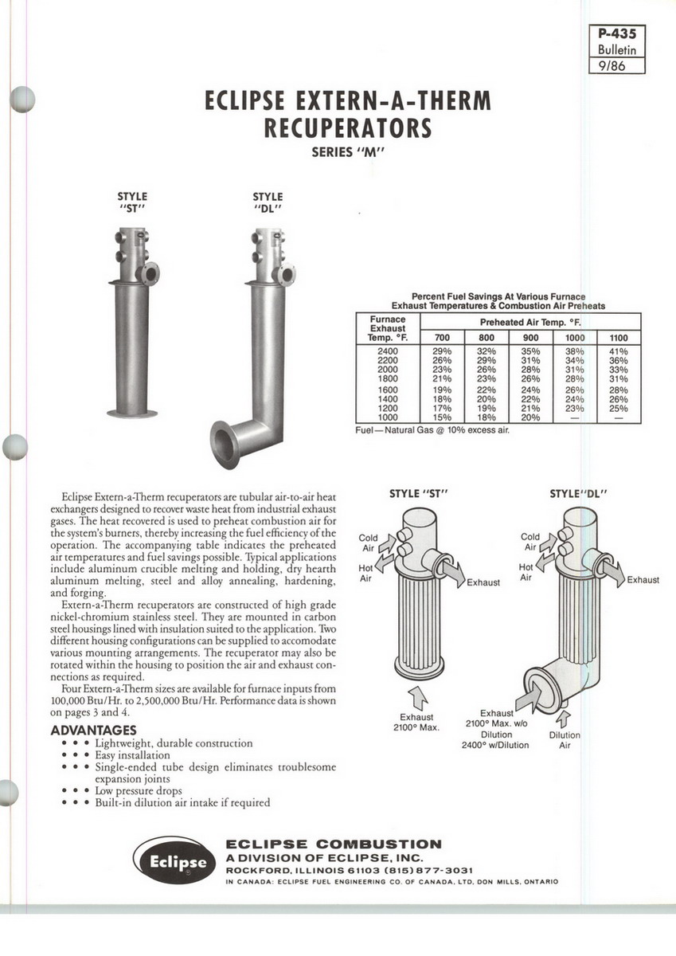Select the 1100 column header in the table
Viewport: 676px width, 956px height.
point(618,338)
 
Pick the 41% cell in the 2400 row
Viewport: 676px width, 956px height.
point(618,351)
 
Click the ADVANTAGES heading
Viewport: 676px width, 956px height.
point(93,731)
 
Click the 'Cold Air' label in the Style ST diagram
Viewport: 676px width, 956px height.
point(369,543)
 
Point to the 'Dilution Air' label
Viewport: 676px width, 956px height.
point(565,740)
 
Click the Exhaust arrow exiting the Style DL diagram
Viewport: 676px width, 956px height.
point(613,567)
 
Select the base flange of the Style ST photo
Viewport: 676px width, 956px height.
point(132,413)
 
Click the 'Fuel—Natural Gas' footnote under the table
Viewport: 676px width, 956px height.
point(432,430)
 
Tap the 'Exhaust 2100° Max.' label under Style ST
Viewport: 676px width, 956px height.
point(416,722)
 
